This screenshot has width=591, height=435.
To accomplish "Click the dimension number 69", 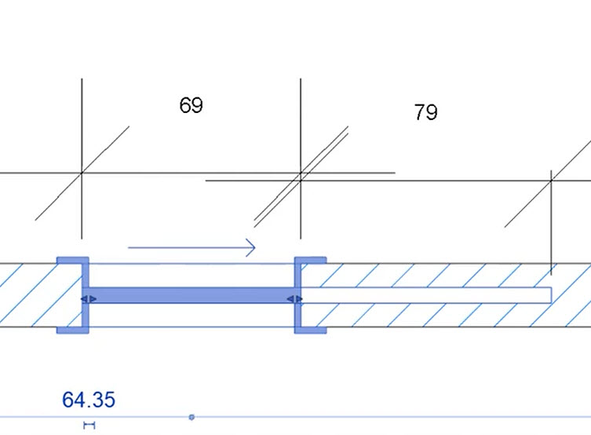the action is [x=191, y=104].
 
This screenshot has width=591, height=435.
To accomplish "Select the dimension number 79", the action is [x=426, y=112].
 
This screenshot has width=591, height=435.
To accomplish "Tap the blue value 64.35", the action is [x=89, y=400].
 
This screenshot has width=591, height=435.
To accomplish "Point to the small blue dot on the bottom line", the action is [x=192, y=417].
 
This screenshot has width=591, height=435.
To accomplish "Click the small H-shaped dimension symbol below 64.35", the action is [x=89, y=426].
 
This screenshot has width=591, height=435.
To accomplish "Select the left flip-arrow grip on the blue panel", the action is [x=89, y=299].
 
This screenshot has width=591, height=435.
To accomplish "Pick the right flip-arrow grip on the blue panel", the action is [x=294, y=299].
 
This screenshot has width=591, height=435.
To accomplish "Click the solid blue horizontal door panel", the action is [x=192, y=295].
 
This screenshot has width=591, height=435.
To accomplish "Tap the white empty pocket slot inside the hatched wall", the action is [x=426, y=295].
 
